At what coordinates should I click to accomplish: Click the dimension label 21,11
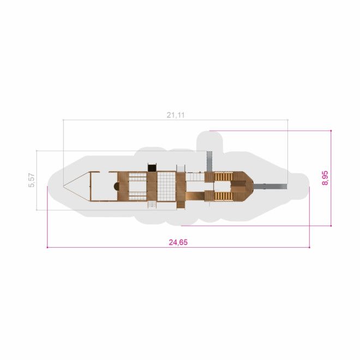tap(176, 115)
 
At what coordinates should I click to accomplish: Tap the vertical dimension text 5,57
tap(32, 180)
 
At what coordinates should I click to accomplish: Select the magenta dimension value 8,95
tap(325, 178)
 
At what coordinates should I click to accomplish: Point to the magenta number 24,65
tap(178, 242)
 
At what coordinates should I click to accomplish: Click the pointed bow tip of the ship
tap(64, 185)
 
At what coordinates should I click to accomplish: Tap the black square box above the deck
tap(152, 167)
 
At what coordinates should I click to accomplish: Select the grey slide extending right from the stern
tap(270, 186)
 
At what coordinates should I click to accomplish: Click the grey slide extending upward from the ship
tap(209, 161)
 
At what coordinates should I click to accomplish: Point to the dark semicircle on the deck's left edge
tap(116, 186)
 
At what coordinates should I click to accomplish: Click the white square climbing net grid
tap(166, 187)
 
